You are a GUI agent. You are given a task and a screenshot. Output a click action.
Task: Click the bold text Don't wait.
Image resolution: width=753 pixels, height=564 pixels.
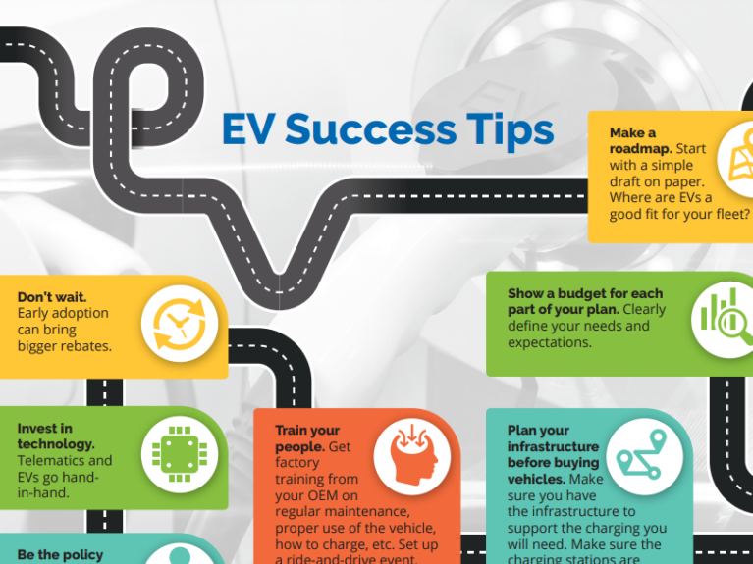(52, 296)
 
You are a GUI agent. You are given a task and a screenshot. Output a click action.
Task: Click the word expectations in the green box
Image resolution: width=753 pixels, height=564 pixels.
(551, 342)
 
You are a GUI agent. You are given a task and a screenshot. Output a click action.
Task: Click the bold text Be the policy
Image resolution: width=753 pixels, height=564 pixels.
(60, 555)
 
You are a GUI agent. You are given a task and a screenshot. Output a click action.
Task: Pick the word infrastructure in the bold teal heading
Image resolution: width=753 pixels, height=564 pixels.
(553, 446)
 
